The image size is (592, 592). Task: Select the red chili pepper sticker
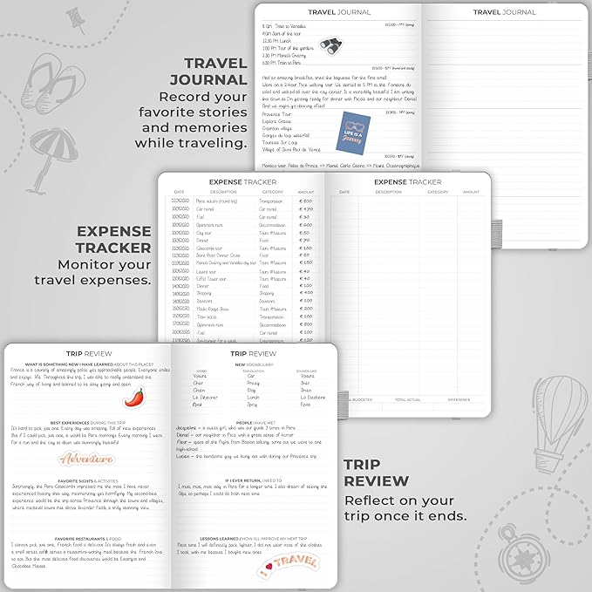tap(133, 396)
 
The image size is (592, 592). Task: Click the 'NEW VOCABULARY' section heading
tap(251, 364)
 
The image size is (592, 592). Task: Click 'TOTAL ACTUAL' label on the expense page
tap(407, 399)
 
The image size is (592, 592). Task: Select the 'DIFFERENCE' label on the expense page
tap(459, 399)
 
